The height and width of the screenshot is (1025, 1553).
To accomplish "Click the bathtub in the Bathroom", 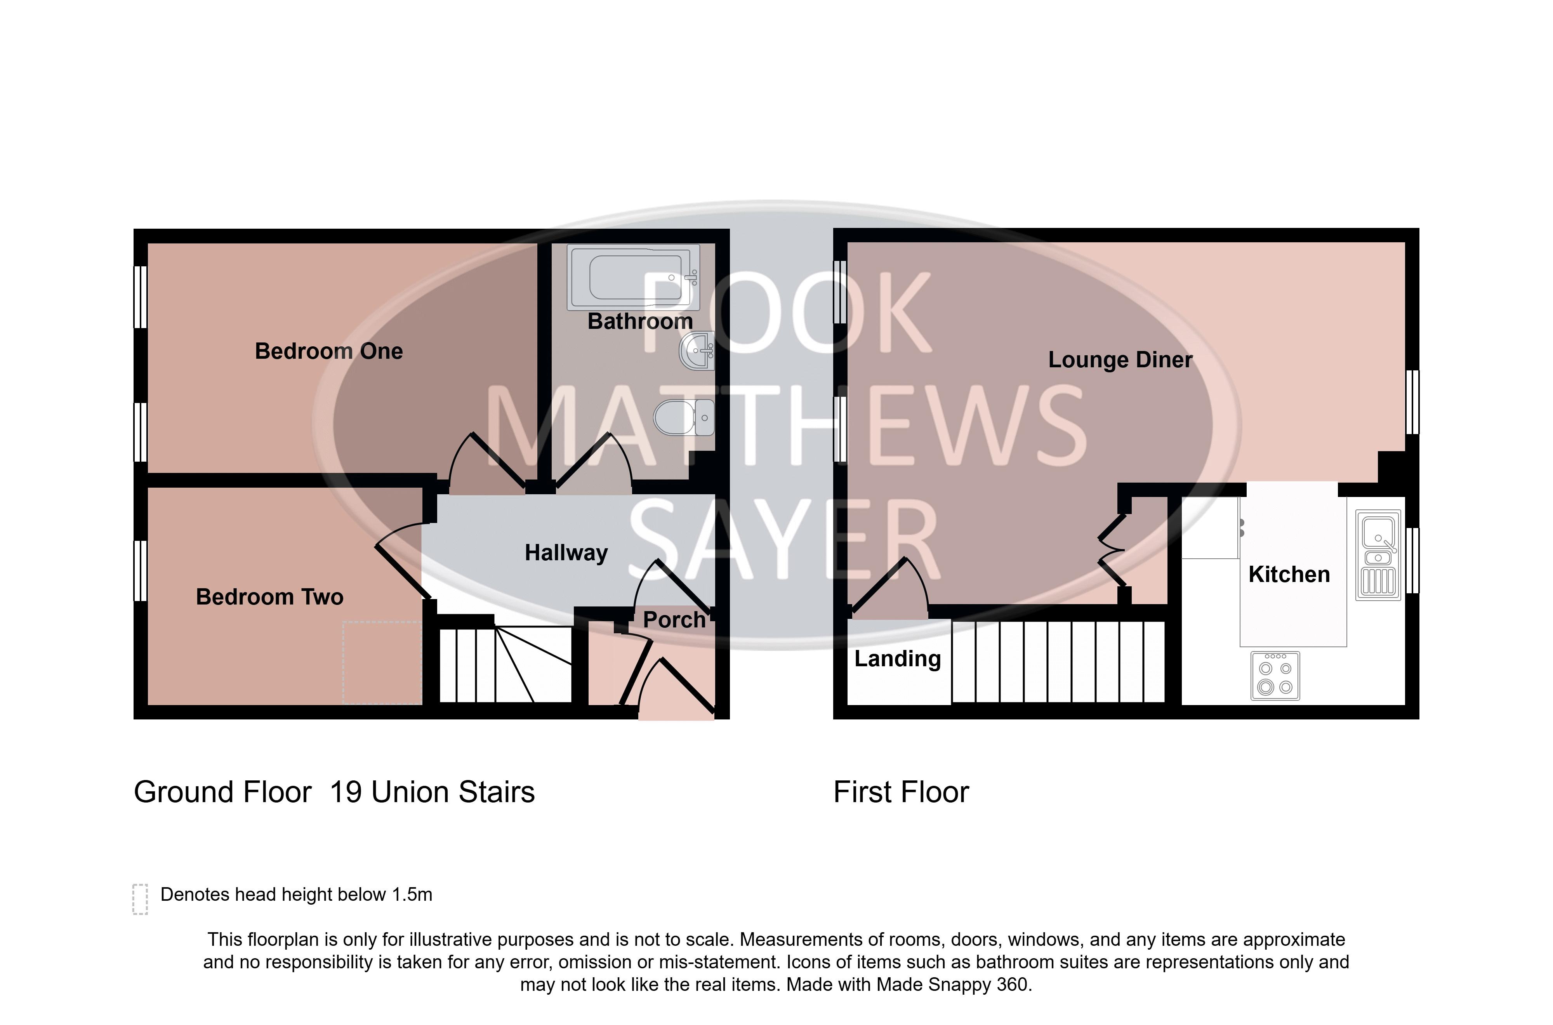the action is (x=633, y=277).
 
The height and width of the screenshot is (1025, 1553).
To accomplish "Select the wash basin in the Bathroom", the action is (x=697, y=351).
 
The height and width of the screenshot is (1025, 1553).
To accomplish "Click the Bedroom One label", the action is (x=329, y=351).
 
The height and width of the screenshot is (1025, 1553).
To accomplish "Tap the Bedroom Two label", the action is (x=269, y=597).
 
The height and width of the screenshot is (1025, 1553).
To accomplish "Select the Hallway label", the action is (x=566, y=553).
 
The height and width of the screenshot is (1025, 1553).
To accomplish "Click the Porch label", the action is (x=674, y=620).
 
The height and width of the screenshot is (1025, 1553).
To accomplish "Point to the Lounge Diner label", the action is (x=1120, y=360).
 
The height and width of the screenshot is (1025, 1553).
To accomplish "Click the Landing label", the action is (x=897, y=659).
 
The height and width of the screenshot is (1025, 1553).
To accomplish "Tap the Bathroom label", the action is (x=640, y=321).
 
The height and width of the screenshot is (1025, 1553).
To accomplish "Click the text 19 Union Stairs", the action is (x=432, y=792).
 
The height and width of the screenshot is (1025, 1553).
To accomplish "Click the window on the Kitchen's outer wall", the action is (x=1412, y=560).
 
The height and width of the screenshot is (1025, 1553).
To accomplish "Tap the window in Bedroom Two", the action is (x=140, y=570).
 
